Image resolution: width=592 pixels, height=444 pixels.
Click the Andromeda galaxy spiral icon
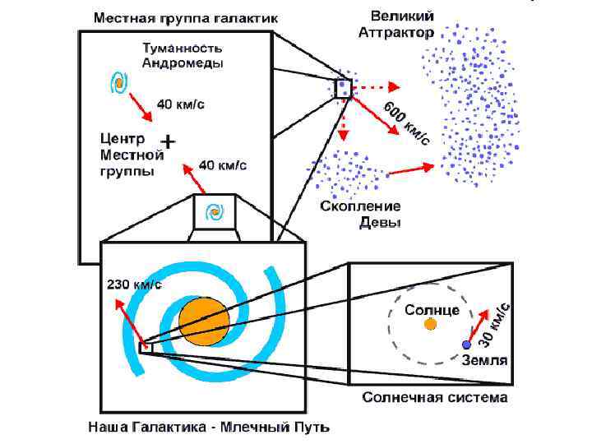pyautogui.click(x=119, y=82)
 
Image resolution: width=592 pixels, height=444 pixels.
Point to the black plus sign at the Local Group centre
pyautogui.click(x=166, y=141)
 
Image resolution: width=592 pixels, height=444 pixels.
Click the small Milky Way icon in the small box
pyautogui.click(x=215, y=212)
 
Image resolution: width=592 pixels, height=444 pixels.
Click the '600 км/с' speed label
pyautogui.click(x=407, y=124)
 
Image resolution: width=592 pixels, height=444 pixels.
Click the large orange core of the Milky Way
pyautogui.click(x=204, y=321)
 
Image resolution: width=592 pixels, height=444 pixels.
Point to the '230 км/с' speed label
pyautogui.click(x=135, y=284)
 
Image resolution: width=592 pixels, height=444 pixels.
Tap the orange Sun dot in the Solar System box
pyautogui.click(x=430, y=324)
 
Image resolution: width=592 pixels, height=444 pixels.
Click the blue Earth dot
pyautogui.click(x=466, y=345)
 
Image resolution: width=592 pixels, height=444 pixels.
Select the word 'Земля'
pyautogui.click(x=484, y=359)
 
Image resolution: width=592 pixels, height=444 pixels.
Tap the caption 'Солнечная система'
pyautogui.click(x=436, y=397)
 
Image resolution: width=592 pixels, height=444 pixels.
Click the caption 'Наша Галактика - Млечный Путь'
pyautogui.click(x=209, y=427)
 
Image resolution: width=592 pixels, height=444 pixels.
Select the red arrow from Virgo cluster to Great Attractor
pyautogui.click(x=411, y=169)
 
